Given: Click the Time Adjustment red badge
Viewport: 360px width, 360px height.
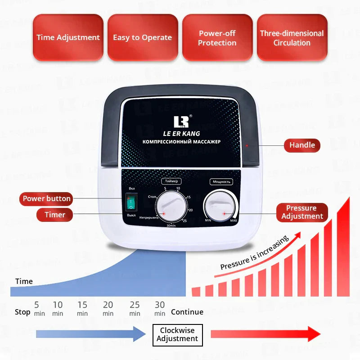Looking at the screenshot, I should [x=68, y=38].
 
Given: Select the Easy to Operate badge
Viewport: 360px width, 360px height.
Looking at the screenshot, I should [x=142, y=38].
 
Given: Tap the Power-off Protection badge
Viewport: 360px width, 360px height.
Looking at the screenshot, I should [x=217, y=38].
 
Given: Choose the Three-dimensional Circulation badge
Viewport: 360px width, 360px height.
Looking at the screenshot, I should [x=292, y=38].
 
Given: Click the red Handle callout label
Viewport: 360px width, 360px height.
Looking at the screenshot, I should [x=302, y=145].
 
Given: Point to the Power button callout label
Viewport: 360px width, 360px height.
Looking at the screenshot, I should [x=46, y=198].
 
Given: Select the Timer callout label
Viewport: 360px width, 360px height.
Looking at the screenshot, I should [x=55, y=215].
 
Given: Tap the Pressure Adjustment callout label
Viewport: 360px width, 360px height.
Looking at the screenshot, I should [x=302, y=212].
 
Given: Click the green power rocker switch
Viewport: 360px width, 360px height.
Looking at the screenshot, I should [x=131, y=203].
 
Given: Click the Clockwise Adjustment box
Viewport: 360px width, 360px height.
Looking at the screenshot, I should [x=177, y=335].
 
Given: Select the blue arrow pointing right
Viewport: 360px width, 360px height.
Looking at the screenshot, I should [x=90, y=334].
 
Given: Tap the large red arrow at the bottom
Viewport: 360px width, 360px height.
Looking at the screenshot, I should [x=265, y=334].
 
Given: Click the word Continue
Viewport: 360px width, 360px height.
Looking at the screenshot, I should [x=187, y=312].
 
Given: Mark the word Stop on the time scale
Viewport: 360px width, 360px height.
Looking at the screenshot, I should [x=22, y=312].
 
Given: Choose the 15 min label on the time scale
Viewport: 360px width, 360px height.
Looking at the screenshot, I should [x=82, y=308].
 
